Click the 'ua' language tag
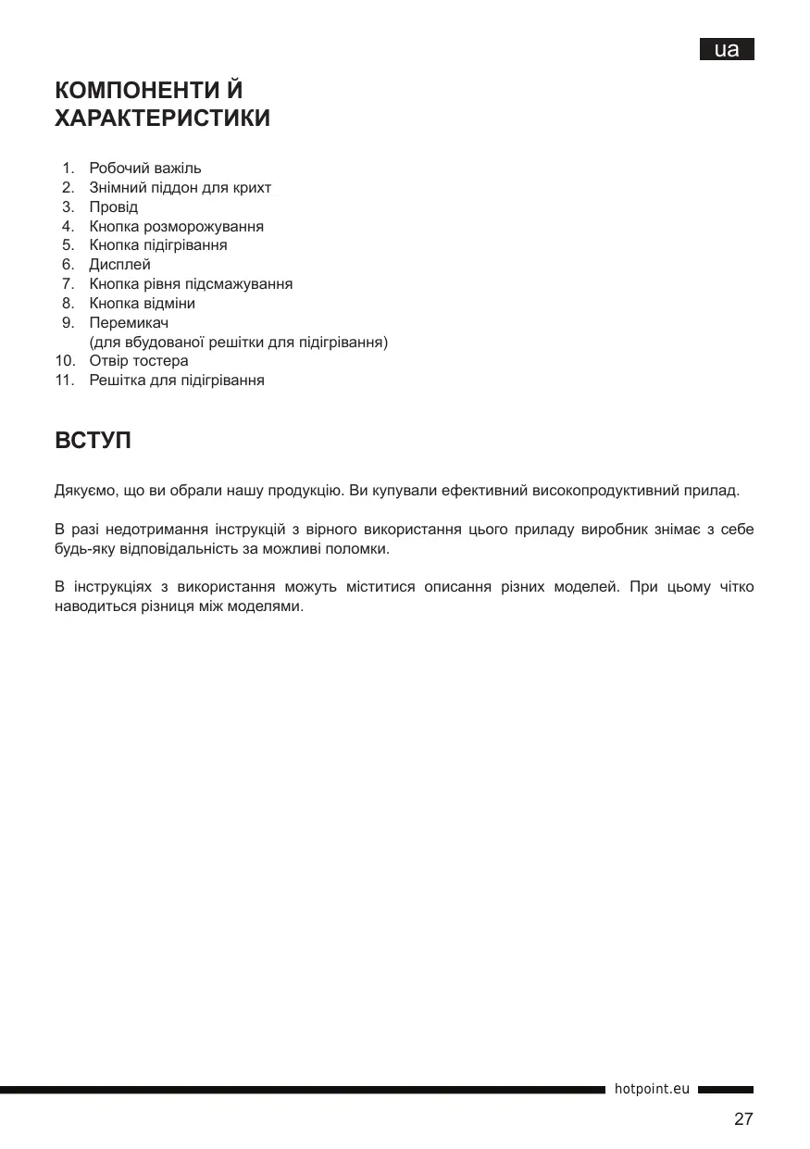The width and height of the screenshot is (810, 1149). click(x=727, y=50)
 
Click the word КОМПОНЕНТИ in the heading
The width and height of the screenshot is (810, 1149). click(x=138, y=91)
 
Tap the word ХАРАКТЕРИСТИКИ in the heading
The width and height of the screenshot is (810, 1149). click(x=163, y=119)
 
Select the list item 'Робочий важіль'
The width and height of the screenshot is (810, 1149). click(x=144, y=169)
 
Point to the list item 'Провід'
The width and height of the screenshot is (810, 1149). click(x=113, y=206)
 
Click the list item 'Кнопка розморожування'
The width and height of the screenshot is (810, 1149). click(x=176, y=226)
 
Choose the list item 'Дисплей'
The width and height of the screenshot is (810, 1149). click(x=119, y=265)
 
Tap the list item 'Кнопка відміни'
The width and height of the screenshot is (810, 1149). click(x=142, y=304)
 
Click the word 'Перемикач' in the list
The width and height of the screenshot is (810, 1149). click(x=128, y=323)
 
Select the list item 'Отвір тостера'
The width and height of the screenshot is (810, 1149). click(x=139, y=361)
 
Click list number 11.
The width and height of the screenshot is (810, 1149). click(x=64, y=381)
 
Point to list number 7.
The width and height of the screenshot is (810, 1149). click(x=68, y=284)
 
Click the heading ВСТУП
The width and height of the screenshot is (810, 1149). click(x=93, y=441)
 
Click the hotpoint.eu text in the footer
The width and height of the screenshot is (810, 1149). click(x=652, y=1090)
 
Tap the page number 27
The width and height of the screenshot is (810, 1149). click(x=743, y=1119)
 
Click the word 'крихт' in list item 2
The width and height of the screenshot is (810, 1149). click(x=252, y=188)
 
